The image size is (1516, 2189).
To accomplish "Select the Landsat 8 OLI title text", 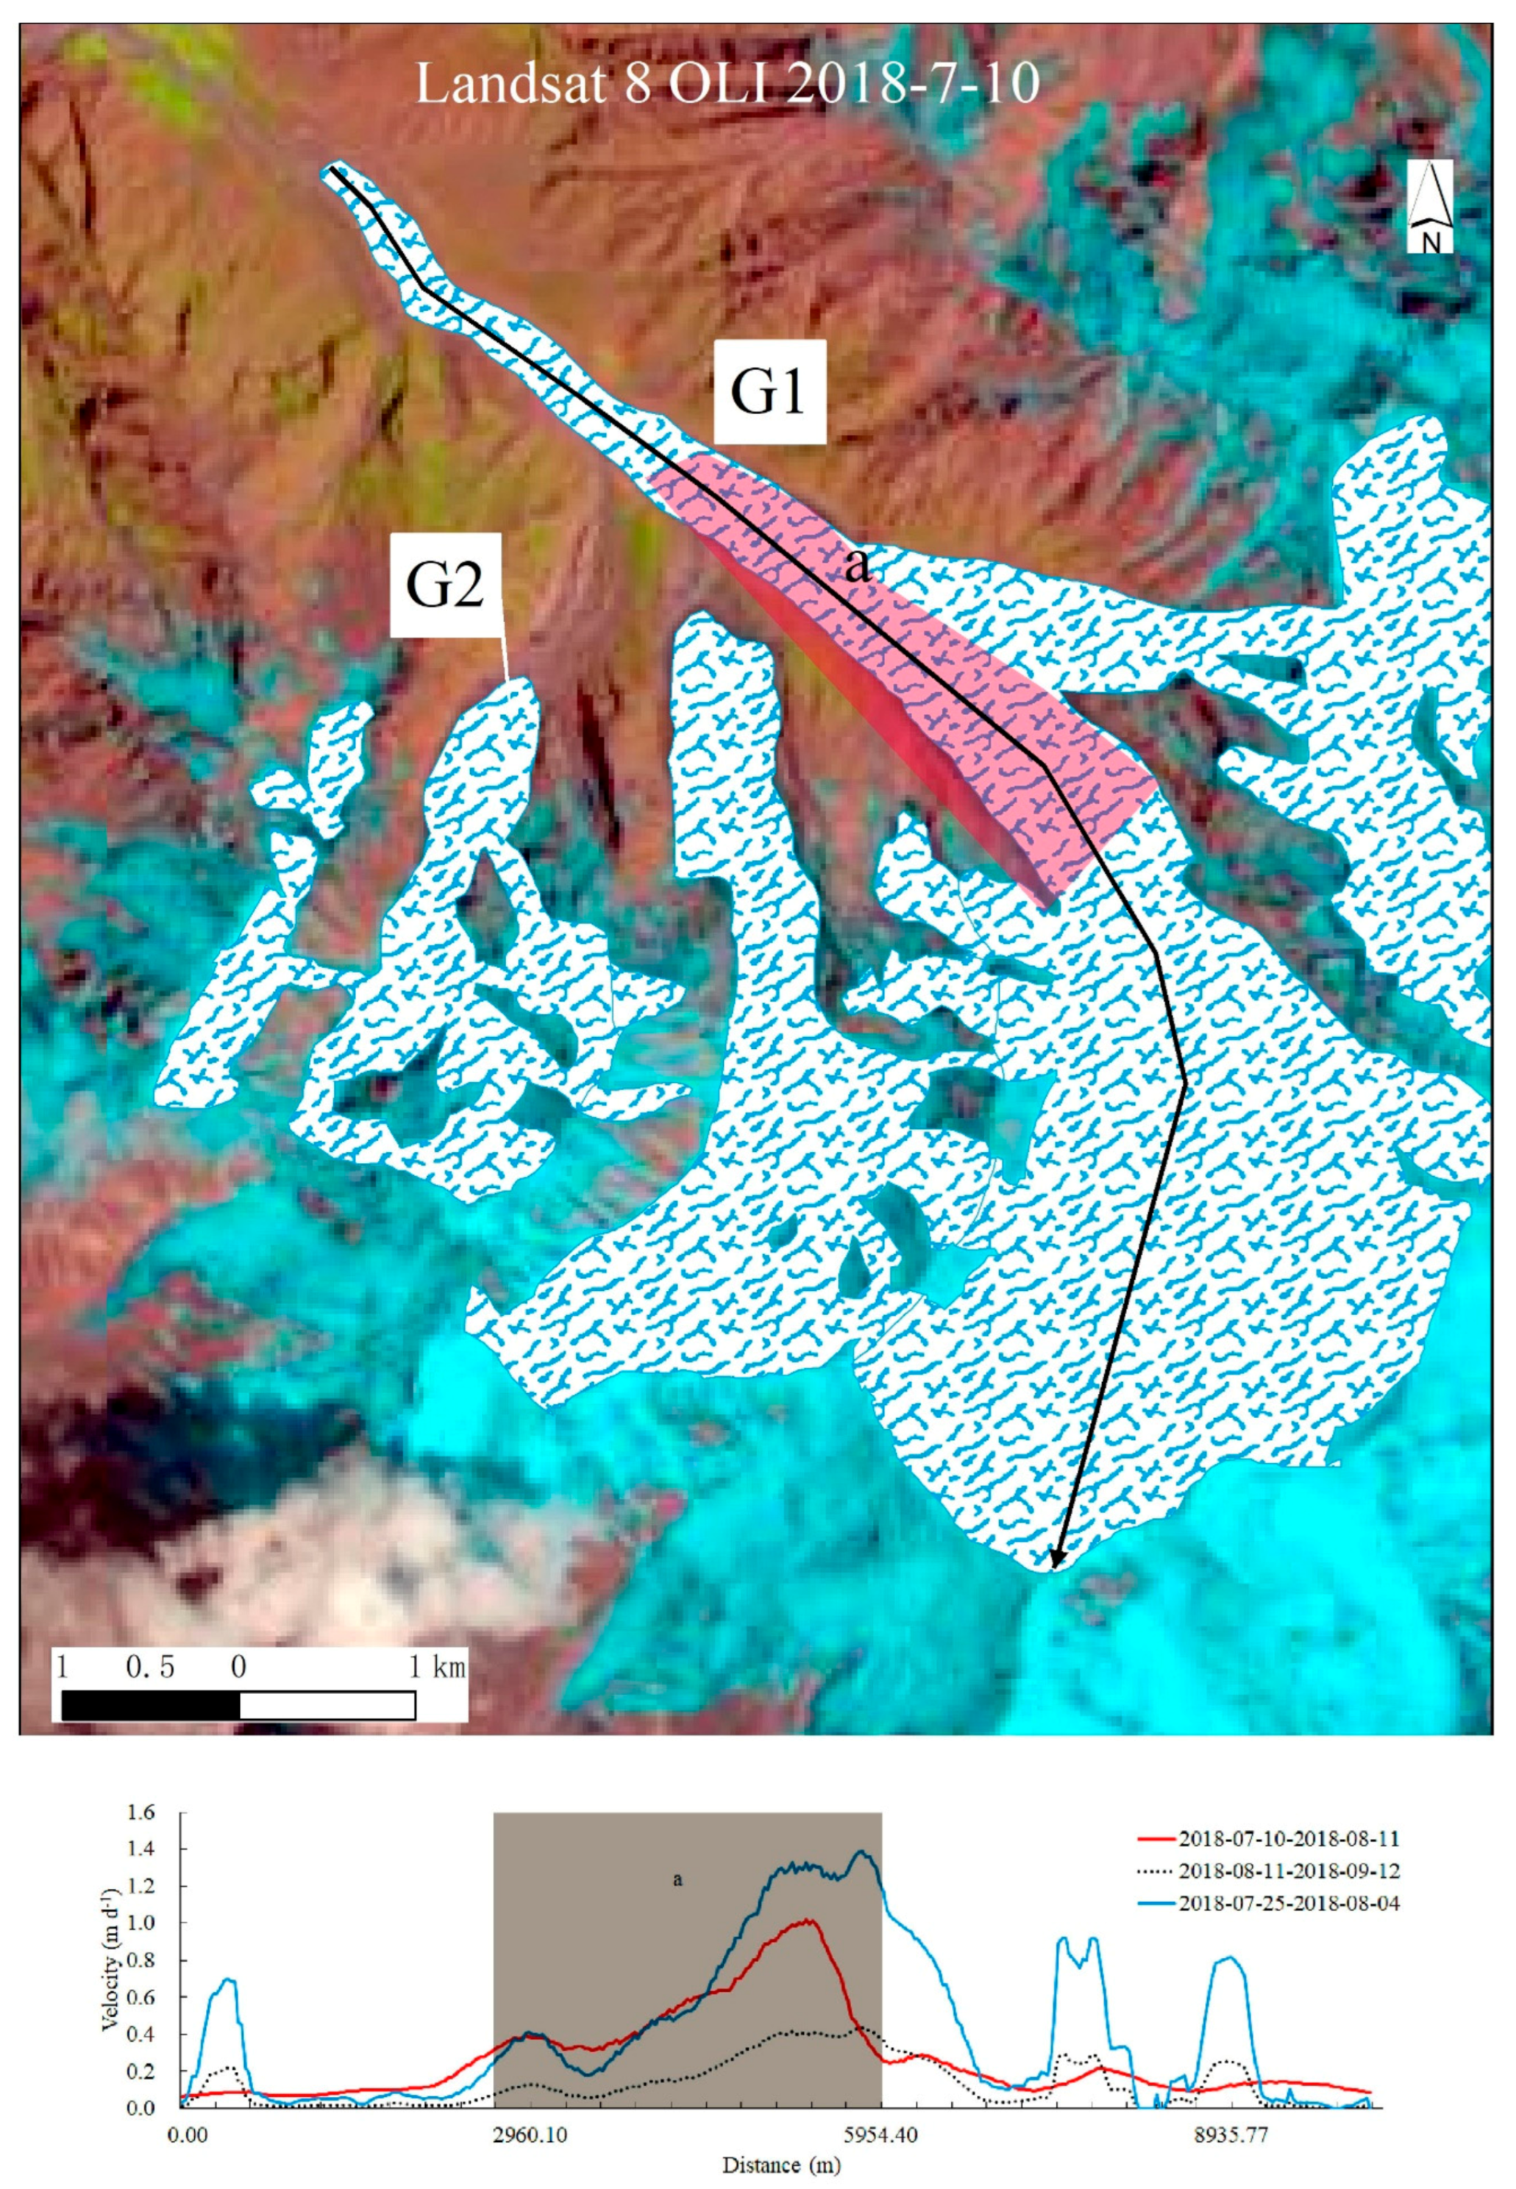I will pos(727,85).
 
